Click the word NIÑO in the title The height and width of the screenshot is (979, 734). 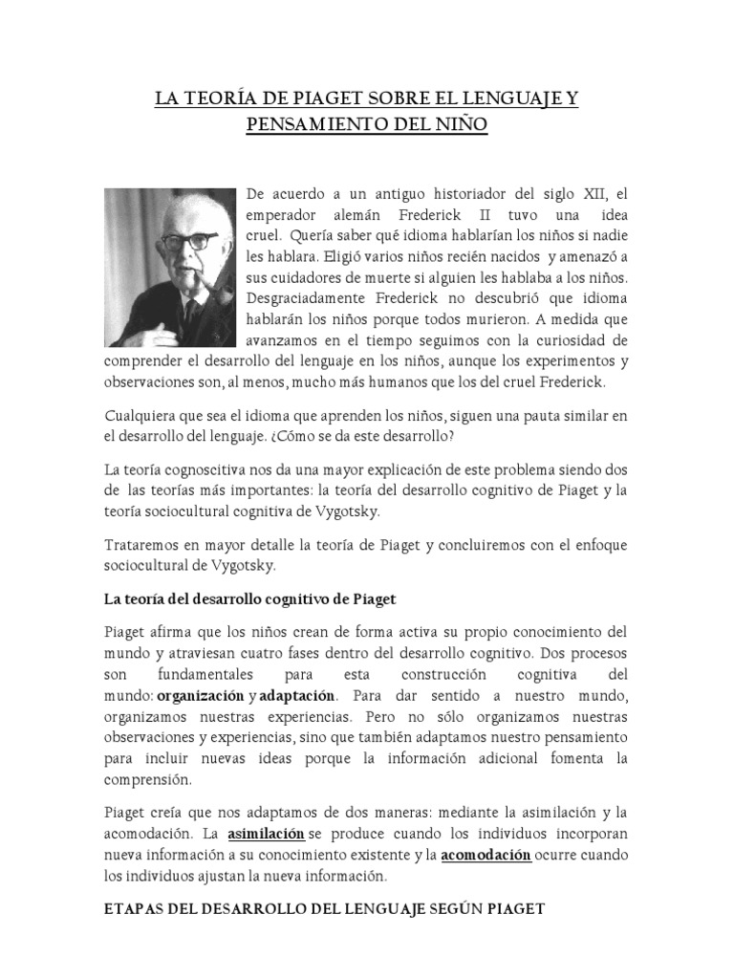point(461,126)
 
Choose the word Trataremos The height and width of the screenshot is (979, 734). point(143,545)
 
